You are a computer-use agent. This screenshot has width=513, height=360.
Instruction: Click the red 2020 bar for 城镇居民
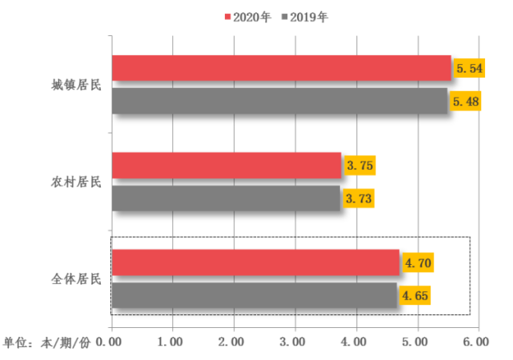(280, 68)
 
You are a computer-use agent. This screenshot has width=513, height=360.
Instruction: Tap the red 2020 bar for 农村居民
(226, 166)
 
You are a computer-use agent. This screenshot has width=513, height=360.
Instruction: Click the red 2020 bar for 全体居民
(254, 262)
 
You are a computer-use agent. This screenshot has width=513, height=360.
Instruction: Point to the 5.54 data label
(469, 69)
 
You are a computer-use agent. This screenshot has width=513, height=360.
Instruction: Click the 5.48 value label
(466, 102)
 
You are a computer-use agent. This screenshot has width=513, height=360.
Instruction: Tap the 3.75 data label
(359, 166)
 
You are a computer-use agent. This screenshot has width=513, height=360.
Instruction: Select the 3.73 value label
(359, 198)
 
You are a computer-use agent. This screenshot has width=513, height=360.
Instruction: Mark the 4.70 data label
(418, 262)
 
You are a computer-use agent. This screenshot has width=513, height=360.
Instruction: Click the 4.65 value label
(415, 295)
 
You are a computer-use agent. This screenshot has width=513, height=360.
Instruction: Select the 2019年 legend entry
(305, 16)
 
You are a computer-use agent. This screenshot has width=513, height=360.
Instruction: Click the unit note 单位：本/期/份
(47, 342)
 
